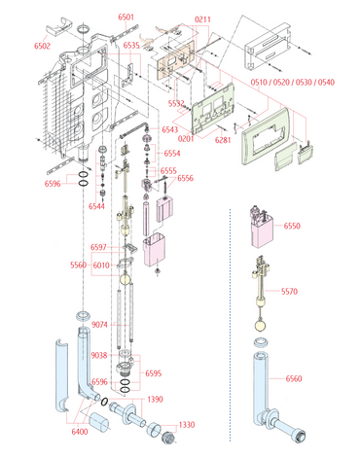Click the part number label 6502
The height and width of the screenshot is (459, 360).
point(43,46)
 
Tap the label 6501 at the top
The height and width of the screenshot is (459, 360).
point(126,17)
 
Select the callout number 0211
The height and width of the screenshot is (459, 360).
point(202,19)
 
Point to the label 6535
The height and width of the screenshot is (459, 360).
point(131,45)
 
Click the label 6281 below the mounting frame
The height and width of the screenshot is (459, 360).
point(223,140)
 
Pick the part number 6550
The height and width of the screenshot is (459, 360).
point(292,226)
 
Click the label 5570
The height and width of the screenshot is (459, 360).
point(289,292)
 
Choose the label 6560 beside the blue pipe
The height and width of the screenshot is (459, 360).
point(294,378)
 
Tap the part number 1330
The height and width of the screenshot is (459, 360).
point(187,425)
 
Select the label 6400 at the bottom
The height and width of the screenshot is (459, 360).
point(80,432)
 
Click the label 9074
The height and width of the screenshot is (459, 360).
point(99,325)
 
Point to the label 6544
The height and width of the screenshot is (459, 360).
point(96,206)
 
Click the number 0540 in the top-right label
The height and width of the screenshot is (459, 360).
point(326,83)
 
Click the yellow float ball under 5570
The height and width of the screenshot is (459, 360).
point(262,326)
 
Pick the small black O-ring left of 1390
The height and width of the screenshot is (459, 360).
point(104,402)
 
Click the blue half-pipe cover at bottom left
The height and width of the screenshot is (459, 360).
point(62,375)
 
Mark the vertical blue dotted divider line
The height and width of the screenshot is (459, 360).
point(230,325)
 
